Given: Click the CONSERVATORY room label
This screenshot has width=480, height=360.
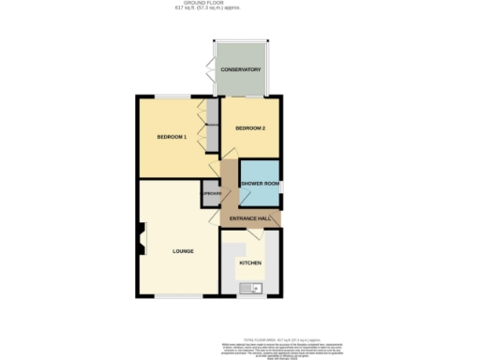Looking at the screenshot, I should click(241, 69).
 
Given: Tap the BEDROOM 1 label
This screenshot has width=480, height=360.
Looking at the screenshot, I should click(172, 138).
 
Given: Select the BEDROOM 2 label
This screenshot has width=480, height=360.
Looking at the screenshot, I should click(250, 127).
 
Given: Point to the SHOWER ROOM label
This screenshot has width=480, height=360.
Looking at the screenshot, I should click(259, 183).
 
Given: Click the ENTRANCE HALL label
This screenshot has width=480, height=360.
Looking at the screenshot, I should click(250, 218).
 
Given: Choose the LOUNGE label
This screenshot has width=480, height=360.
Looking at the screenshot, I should click(183, 251).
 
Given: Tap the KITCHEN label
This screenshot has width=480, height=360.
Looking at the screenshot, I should click(249, 262).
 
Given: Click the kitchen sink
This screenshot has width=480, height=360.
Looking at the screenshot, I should click(252, 288).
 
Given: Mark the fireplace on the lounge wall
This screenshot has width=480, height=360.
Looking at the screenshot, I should click(141, 238).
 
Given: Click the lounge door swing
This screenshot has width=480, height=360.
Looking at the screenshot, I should click(213, 217).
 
